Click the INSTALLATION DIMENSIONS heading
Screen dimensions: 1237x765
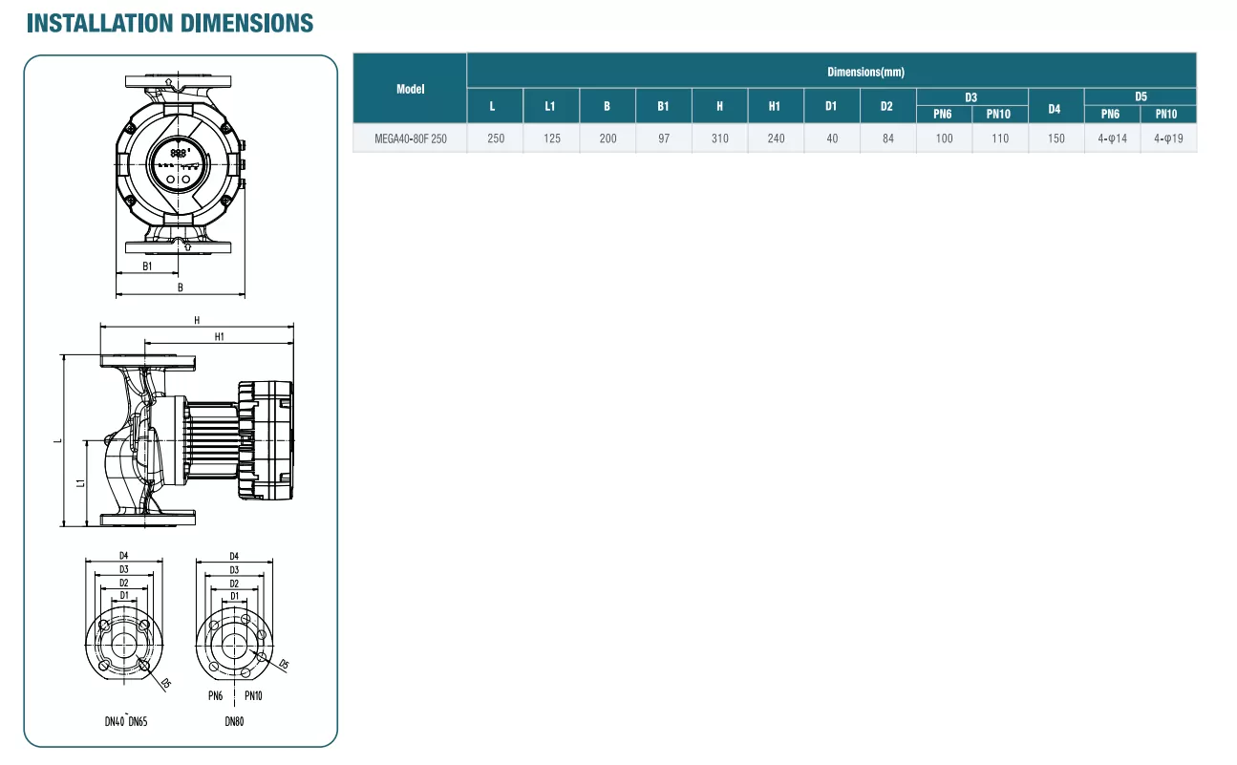[x=170, y=23]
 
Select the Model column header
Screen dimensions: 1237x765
[x=411, y=89]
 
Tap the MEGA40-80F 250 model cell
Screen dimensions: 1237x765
[x=411, y=138]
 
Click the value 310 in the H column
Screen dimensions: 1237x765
[x=719, y=138]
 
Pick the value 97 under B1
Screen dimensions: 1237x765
[x=663, y=138]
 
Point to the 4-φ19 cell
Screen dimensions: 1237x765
[x=1168, y=138]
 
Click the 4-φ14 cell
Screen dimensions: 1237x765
[x=1112, y=138]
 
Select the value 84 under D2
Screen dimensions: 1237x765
[x=887, y=138]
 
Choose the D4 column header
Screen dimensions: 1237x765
[x=1055, y=109]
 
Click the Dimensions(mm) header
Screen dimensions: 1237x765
[x=865, y=72]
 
